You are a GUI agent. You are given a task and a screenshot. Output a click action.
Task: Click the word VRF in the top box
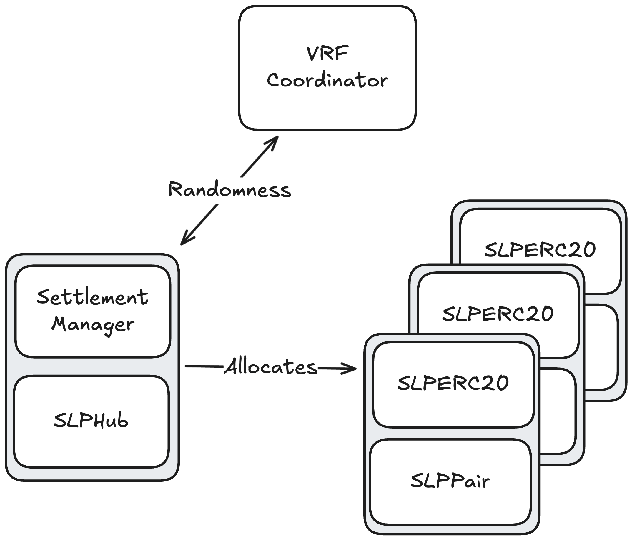coord(327,54)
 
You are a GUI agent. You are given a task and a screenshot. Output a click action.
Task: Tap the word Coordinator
coord(327,81)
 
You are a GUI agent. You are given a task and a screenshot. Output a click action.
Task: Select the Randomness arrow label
coord(230,190)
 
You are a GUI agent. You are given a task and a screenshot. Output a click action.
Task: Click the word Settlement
coord(92,297)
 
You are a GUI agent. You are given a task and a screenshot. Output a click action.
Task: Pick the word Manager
coord(93,324)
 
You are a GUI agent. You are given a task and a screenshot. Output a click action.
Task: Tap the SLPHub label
coord(91,421)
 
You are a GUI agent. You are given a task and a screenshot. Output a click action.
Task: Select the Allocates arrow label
coord(271,367)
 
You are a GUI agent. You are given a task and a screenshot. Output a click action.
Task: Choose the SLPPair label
coord(450,481)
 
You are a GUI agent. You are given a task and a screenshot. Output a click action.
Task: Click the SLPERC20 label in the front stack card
coord(453,383)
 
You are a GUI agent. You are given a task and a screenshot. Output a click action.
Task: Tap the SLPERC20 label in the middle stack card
coord(498,314)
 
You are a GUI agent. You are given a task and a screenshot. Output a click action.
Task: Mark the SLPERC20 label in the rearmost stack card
coord(540,250)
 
